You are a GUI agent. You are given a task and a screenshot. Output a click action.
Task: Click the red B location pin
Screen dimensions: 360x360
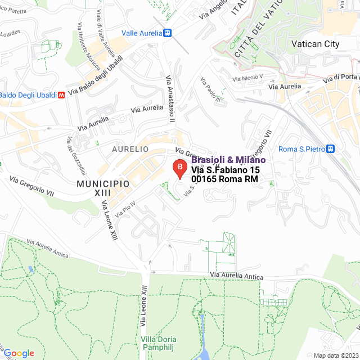(x=179, y=168)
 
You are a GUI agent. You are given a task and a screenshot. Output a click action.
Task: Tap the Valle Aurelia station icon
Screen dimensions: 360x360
(x=167, y=33)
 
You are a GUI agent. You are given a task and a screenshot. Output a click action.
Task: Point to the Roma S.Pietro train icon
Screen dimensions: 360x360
(x=331, y=149)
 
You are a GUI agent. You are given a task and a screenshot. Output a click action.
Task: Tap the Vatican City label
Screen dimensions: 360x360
(x=315, y=44)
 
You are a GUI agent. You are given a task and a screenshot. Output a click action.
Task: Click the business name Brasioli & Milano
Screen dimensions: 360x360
(x=228, y=160)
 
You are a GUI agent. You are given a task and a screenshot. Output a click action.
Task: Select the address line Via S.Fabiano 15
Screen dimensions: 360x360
(x=226, y=170)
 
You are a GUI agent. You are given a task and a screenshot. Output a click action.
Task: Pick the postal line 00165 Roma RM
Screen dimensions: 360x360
(x=224, y=179)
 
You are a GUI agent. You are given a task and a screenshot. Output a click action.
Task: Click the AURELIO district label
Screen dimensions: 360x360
(x=130, y=149)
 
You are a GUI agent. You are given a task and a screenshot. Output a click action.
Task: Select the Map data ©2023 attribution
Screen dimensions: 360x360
(x=335, y=355)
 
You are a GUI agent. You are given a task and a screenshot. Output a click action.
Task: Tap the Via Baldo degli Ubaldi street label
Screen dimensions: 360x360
(x=94, y=82)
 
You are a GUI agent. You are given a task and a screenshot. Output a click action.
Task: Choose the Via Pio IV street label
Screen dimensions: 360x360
(x=125, y=209)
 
